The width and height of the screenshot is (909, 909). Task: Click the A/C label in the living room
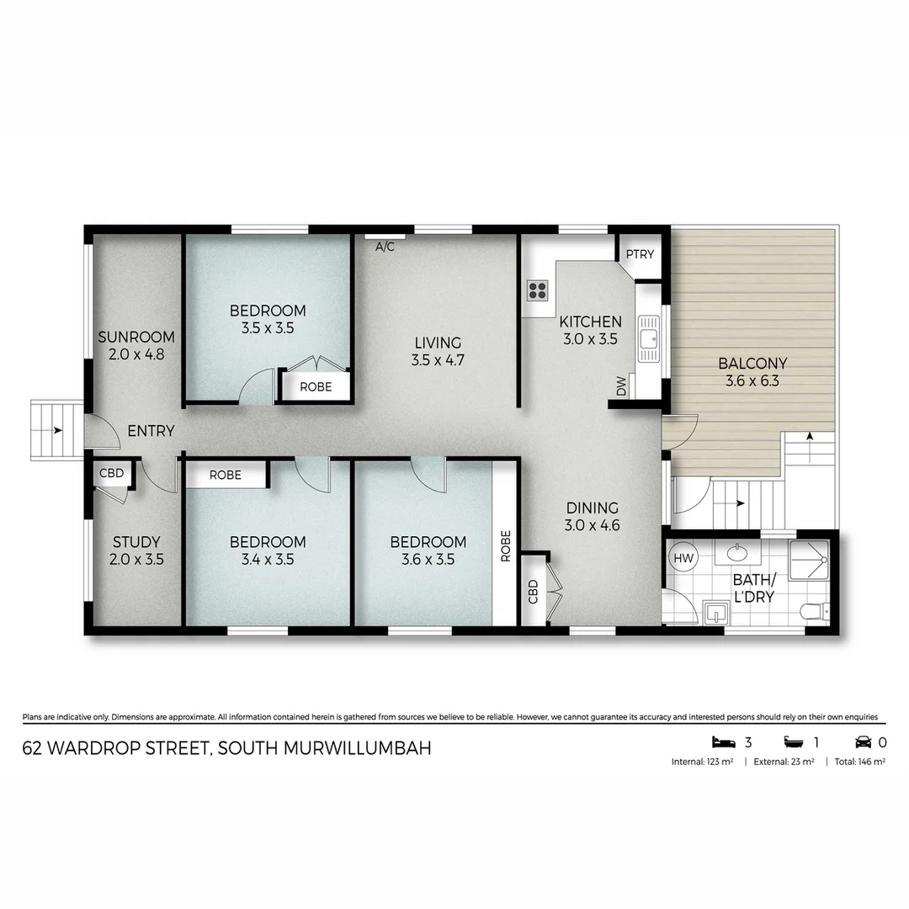click(385, 247)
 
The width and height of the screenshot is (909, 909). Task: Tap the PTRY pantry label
click(640, 253)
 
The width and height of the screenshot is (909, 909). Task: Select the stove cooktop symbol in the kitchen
click(538, 291)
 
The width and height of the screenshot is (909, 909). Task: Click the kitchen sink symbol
click(649, 339)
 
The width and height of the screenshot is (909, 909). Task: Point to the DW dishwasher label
click(622, 387)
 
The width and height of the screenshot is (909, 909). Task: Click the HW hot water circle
click(683, 558)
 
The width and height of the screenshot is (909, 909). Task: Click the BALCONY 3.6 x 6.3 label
click(752, 371)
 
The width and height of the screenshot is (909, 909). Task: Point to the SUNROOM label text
click(136, 338)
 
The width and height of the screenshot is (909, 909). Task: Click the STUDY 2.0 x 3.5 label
click(136, 550)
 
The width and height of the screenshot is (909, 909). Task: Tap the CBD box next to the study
click(111, 474)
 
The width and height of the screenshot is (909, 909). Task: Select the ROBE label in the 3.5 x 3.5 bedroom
click(315, 387)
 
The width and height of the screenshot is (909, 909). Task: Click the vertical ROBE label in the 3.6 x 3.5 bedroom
click(505, 545)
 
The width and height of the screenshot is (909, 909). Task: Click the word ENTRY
click(151, 431)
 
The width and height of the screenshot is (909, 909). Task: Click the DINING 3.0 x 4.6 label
click(592, 516)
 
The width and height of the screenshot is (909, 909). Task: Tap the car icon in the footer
click(863, 742)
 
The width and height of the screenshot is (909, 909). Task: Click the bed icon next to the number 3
click(723, 742)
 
